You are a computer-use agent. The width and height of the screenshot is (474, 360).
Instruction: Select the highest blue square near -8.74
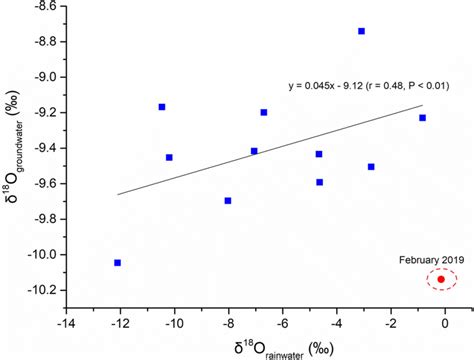361,31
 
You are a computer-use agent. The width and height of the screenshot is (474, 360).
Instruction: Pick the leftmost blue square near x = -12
118,262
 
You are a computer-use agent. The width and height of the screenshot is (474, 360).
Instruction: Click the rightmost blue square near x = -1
422,118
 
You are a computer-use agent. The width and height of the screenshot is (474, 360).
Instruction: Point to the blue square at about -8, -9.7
228,200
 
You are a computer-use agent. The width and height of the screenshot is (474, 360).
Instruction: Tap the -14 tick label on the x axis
66,323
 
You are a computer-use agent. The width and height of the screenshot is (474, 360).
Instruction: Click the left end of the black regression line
118,194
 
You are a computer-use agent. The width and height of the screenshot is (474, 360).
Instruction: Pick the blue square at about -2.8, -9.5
371,166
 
